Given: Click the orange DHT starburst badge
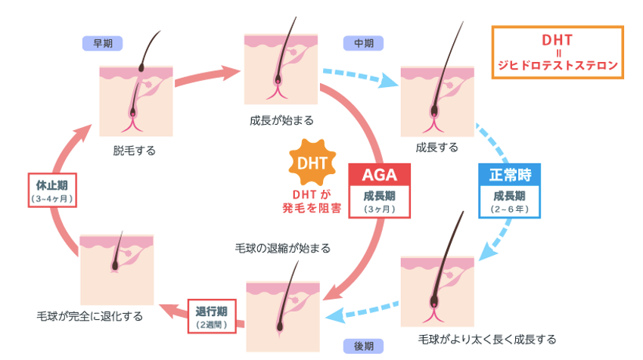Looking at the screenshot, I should [x=313, y=163].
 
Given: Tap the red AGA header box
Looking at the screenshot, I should [x=379, y=174].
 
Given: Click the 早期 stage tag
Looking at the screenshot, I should [x=102, y=43].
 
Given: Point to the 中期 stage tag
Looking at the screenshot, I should [x=364, y=43].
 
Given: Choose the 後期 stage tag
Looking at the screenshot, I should [x=364, y=346].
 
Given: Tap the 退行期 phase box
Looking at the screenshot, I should [x=212, y=317].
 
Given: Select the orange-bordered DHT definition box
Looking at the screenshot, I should [x=558, y=52].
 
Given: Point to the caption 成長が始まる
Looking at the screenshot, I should [x=281, y=120].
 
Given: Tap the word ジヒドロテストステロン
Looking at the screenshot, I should [x=558, y=65].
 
